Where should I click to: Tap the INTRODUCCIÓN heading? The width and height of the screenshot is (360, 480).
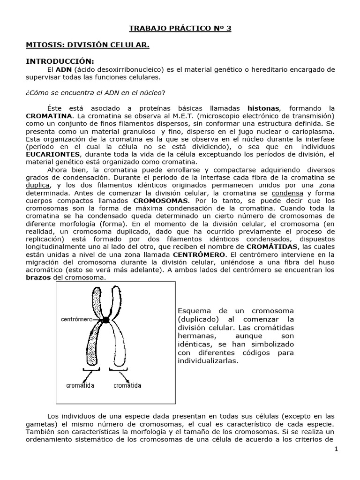coord(60,61)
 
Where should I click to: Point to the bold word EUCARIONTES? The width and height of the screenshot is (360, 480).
coord(53,154)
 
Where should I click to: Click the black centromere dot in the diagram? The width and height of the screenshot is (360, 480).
coord(106,320)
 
